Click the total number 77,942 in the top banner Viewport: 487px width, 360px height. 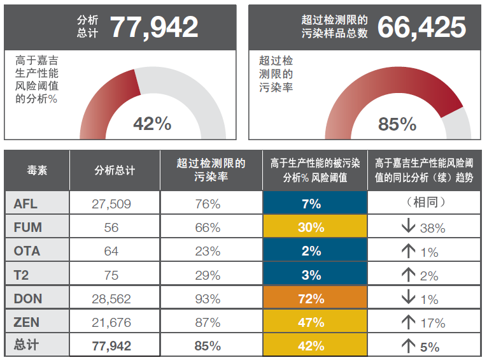[x=154, y=27]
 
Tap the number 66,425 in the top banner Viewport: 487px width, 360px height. [x=421, y=27]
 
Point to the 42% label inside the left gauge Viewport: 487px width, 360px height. [x=152, y=124]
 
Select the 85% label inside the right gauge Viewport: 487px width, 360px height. [x=397, y=124]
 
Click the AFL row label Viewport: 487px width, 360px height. [x=26, y=204]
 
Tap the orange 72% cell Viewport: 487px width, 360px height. [x=311, y=299]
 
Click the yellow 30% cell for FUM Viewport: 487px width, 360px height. [x=311, y=227]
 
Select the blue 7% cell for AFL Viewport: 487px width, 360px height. [x=311, y=204]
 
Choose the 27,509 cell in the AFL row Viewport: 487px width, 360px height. [x=111, y=204]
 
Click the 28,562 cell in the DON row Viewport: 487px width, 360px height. [x=111, y=299]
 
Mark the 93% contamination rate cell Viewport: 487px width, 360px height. [x=208, y=299]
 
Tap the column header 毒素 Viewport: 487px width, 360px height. [x=37, y=171]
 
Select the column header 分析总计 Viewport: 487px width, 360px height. [x=115, y=171]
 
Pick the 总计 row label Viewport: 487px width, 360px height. [x=27, y=345]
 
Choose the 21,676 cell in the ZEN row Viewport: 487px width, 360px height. [x=111, y=322]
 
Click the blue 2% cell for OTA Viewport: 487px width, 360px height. [x=311, y=251]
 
